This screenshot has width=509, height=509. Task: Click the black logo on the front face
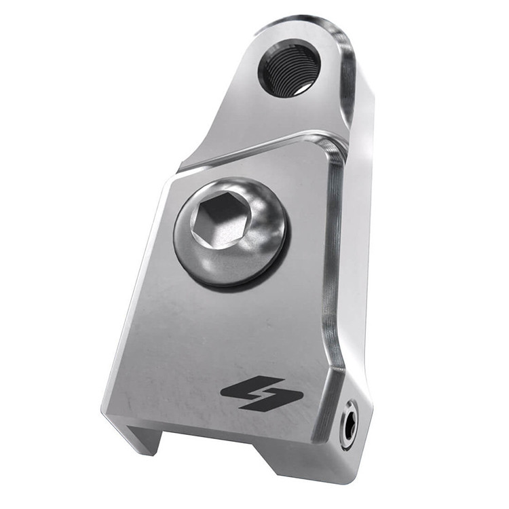tap(262, 393)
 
